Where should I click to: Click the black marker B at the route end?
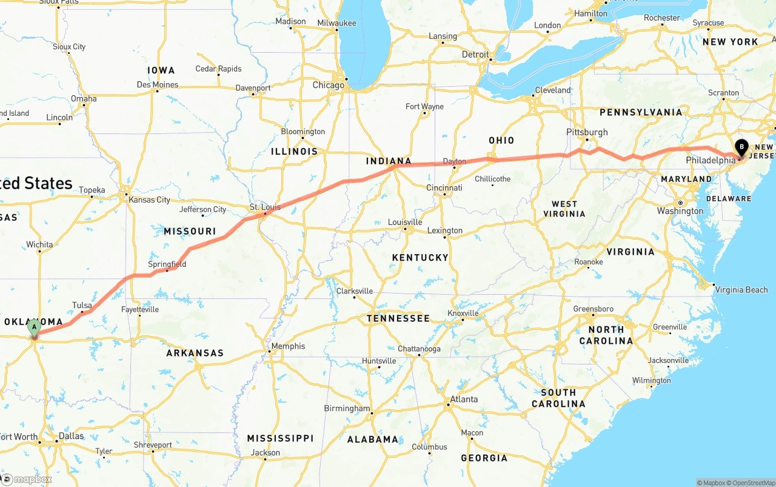[x=741, y=147]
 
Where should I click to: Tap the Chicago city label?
[x=328, y=86]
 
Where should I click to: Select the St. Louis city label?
[x=265, y=207]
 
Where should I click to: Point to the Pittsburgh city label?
[x=587, y=132]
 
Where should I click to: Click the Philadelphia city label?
[x=711, y=161]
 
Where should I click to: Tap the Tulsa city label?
[x=82, y=305]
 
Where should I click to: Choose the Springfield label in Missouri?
[x=167, y=264]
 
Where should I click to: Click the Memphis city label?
[x=288, y=346]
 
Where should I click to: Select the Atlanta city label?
[x=463, y=399]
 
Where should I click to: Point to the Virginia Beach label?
[x=741, y=290]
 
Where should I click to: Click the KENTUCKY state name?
[x=420, y=258]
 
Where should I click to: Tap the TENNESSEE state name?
[x=398, y=318]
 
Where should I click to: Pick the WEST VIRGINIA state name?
[x=564, y=209]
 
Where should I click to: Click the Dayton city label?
[x=455, y=161]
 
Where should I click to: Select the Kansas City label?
[x=149, y=200]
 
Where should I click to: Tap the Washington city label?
[x=680, y=211]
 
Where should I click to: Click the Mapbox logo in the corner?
[x=27, y=479]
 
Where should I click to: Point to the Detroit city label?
[x=475, y=55]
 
